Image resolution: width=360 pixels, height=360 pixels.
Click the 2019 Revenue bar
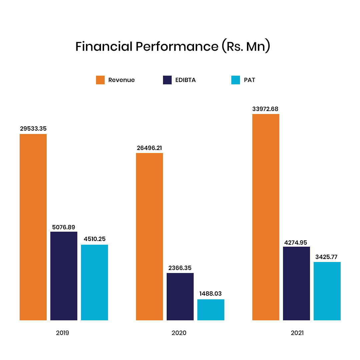33,227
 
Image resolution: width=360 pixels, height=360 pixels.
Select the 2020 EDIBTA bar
180,297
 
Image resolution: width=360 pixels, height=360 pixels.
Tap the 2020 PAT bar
211,310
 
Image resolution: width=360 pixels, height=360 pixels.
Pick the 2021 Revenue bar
266,217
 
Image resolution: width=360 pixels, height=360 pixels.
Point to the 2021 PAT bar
327,291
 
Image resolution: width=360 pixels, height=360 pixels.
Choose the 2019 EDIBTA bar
64,276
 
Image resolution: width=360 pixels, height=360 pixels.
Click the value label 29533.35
33,128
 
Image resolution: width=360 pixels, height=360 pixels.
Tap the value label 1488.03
210,294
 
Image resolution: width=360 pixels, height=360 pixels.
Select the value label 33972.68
265,109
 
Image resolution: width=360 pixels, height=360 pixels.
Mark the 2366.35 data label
180,268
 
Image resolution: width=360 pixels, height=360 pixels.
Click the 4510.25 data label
94,239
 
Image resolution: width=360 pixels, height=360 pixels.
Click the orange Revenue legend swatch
100,80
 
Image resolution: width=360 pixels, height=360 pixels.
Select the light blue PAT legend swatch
236,80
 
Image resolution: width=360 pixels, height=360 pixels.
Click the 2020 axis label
179,333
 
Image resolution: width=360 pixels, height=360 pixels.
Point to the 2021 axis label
297,333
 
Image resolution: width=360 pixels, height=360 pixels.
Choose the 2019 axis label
63,333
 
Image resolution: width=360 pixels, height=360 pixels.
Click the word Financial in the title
104,47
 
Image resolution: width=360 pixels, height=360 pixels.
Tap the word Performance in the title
177,47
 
